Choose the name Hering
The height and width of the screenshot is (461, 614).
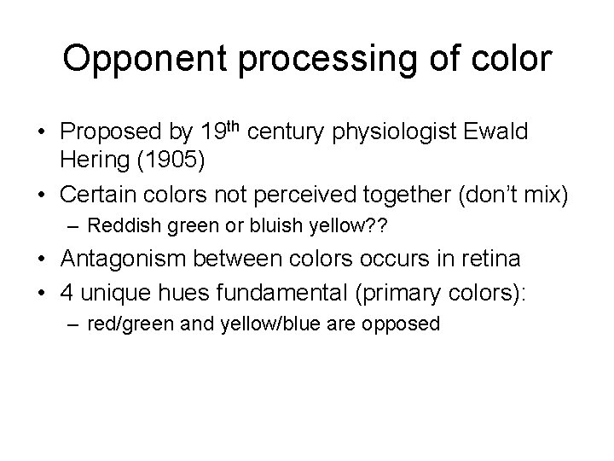point(93,160)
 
